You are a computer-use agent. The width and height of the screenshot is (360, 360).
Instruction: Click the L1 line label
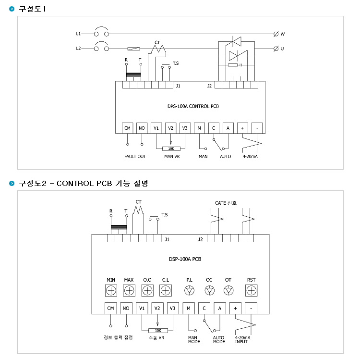coord(78,34)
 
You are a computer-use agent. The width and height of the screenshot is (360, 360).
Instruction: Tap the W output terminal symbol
coord(276,34)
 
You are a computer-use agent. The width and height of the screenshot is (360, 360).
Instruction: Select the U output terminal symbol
coord(276,49)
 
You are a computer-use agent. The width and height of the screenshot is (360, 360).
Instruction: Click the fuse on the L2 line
coord(133,49)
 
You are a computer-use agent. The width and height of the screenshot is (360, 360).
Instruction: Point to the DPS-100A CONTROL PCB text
coord(193,106)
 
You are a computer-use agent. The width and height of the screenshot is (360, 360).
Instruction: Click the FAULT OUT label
coord(135,157)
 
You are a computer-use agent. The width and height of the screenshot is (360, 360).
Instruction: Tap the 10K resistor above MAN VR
coord(171,149)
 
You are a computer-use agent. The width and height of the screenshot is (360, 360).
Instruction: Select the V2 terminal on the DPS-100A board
coord(170,128)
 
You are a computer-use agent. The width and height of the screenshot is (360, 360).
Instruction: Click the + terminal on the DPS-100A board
coord(242,128)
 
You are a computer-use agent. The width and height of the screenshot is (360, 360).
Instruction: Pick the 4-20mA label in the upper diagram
coord(250,157)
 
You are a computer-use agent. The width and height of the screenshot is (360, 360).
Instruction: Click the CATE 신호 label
coord(226,203)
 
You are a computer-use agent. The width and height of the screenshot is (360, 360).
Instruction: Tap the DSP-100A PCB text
coord(185,259)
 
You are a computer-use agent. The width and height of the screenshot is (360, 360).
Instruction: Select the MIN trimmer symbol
coord(111,291)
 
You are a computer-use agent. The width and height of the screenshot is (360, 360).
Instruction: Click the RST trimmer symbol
coord(252,291)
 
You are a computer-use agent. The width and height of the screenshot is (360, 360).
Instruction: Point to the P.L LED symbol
coord(190,291)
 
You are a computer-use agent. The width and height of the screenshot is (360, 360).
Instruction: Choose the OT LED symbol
coord(228,291)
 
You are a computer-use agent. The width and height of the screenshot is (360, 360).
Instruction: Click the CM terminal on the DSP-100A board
coord(111,308)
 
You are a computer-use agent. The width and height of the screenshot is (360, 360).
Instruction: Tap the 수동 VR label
coord(156,338)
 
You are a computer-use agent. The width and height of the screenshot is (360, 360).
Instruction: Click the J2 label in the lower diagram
coord(201,239)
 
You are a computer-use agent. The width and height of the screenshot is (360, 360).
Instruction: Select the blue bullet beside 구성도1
coord(12,9)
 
